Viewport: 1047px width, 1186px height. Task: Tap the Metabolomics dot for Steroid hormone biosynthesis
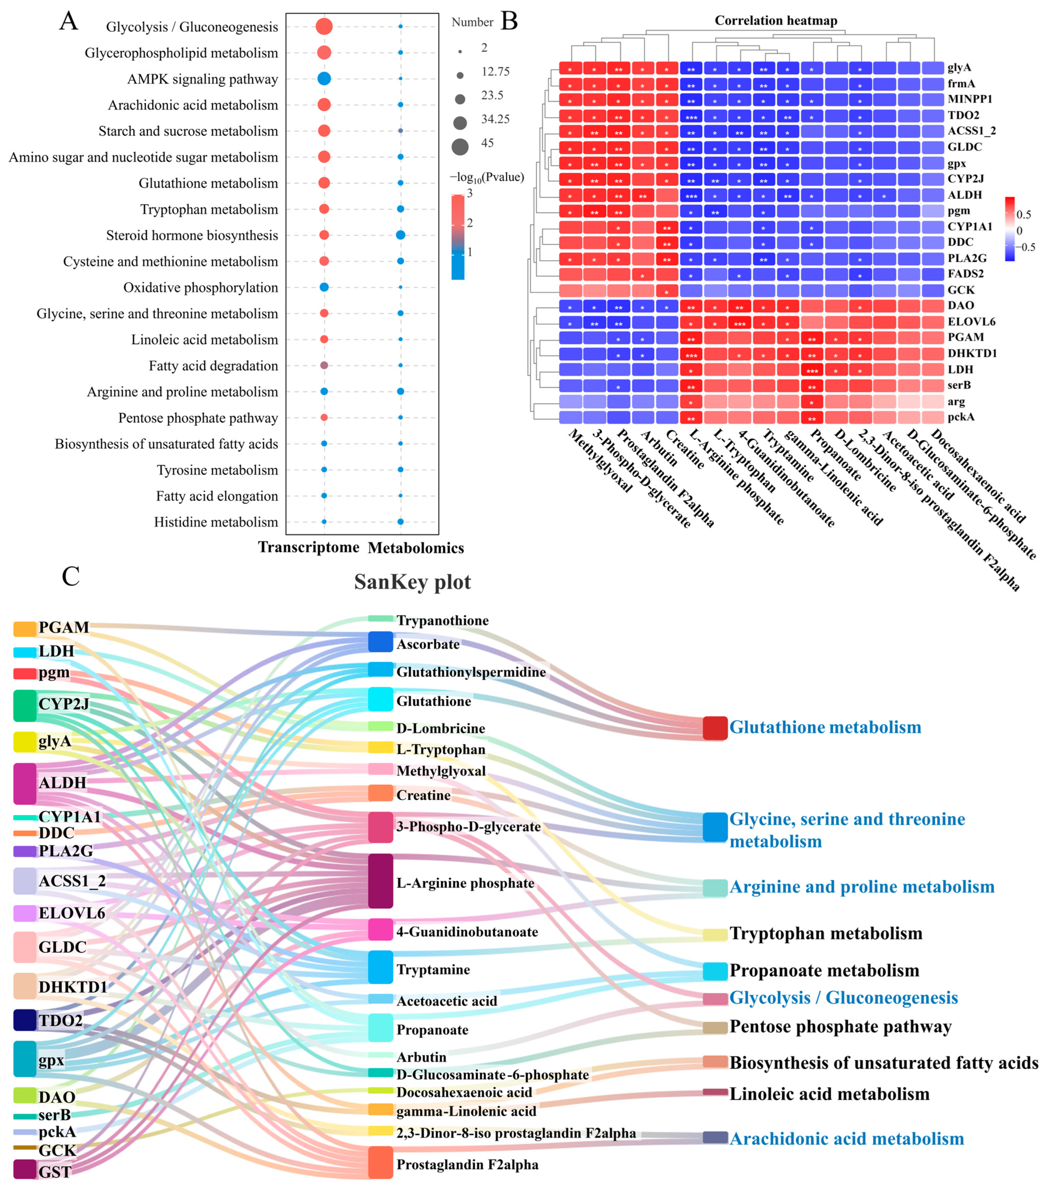tap(400, 235)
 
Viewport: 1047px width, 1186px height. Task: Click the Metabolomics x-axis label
tap(416, 548)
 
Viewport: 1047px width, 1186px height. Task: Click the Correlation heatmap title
tap(775, 21)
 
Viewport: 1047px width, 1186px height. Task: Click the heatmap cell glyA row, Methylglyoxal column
tap(570, 68)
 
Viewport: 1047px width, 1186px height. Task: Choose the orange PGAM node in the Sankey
tap(25, 628)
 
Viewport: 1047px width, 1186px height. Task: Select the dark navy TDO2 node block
tap(25, 1020)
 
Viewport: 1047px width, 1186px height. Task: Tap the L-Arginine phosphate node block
tap(381, 881)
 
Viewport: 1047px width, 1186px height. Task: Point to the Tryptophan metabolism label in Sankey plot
tap(826, 933)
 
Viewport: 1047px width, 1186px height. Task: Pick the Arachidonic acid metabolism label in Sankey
tap(846, 1139)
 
